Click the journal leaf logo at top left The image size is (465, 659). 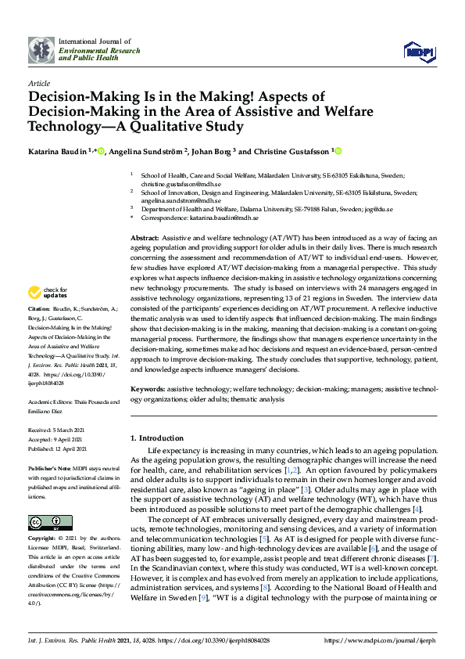click(41, 50)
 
